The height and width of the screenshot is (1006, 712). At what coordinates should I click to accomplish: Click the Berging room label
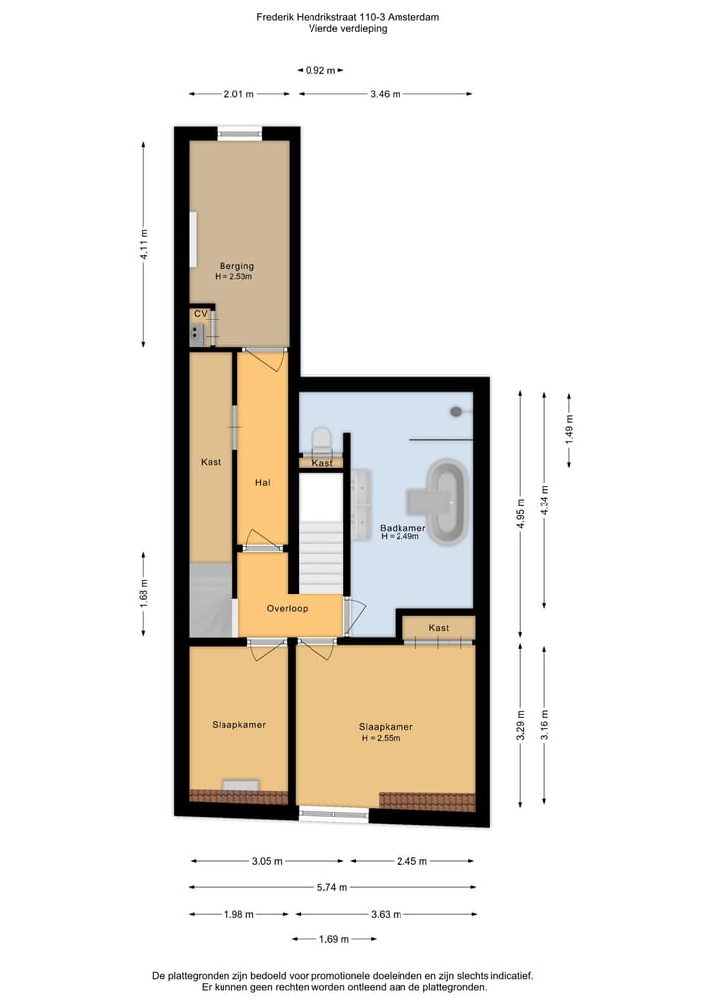tap(237, 265)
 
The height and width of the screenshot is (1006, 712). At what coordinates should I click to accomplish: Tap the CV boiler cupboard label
tap(200, 314)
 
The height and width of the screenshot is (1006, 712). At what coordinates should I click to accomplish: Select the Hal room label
tap(262, 483)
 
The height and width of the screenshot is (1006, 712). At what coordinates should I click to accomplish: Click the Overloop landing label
tap(287, 608)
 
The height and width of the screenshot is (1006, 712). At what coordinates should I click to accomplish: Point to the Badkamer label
tap(402, 528)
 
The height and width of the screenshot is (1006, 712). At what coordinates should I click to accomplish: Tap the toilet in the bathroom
tap(320, 438)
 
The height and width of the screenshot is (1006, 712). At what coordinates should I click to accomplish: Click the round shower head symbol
tap(456, 410)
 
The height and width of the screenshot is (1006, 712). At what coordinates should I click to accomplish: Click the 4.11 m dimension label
tap(144, 244)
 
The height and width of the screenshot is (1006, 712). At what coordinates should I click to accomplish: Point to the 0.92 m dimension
tap(318, 70)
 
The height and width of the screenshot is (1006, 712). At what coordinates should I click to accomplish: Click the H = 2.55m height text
tap(386, 738)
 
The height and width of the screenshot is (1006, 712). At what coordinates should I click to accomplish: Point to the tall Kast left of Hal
tap(210, 461)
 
